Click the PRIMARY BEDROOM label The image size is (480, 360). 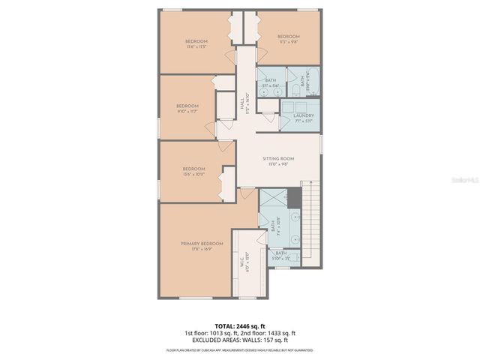202,243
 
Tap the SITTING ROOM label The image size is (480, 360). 278,159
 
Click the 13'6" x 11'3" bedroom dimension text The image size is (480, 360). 196,46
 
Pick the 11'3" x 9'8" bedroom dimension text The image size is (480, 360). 288,43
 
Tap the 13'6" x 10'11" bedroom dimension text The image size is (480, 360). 193,175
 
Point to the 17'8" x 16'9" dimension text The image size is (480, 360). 202,249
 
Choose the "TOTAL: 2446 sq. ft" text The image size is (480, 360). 240,326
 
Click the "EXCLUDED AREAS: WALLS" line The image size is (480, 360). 240,340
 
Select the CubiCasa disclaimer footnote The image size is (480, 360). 240,349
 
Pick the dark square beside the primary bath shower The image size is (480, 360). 294,199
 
